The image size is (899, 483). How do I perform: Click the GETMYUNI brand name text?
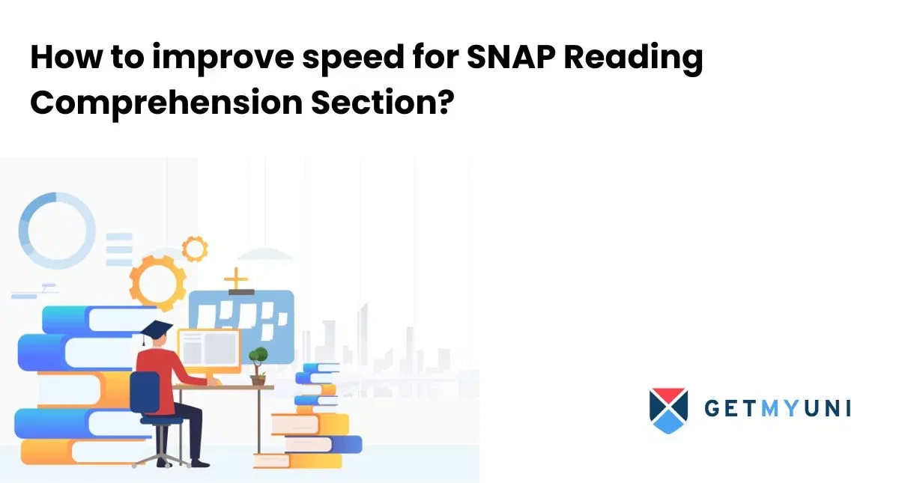click(x=778, y=410)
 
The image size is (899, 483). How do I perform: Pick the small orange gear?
click(x=195, y=248)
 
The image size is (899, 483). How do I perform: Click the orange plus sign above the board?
click(x=237, y=280)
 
